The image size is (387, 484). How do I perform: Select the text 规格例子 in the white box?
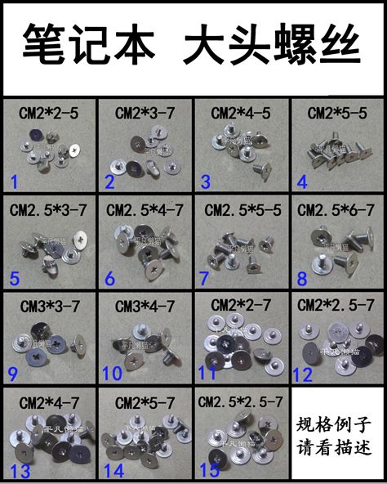(x=336, y=426)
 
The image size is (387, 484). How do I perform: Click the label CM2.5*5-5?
(x=241, y=211)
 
